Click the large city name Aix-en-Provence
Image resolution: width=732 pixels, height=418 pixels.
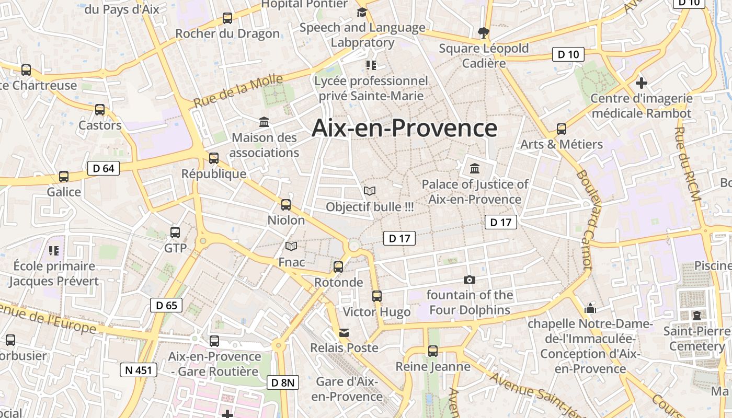coord(404,128)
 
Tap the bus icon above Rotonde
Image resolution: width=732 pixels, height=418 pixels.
coord(338,267)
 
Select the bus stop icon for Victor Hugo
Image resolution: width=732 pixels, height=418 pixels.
coord(377,296)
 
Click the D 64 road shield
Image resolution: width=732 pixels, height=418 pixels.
coord(104,168)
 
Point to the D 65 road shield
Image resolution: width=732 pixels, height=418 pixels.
coord(166,305)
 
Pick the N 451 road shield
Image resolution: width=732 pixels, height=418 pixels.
coord(139,370)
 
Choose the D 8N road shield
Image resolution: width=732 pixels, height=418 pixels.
coord(283,382)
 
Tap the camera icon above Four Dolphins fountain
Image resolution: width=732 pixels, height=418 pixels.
coord(470,280)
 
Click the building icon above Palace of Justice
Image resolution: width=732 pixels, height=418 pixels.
coord(475,169)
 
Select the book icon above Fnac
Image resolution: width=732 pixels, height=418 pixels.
coord(291,246)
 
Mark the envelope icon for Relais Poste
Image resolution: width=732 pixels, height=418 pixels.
coord(344,333)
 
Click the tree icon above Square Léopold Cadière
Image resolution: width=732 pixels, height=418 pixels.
coord(484,33)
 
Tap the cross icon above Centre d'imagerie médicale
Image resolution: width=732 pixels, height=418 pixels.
coord(642,83)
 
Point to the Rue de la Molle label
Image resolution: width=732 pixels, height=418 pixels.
coord(238,90)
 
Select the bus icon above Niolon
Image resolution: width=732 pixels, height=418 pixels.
coord(286,205)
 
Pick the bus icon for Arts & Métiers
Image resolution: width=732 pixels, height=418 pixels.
coord(562,129)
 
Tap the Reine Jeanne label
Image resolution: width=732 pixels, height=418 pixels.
coord(433,366)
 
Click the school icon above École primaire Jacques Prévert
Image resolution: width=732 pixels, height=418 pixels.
coord(53,251)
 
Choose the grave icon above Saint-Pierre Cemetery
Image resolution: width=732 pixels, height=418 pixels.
coord(697,315)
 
